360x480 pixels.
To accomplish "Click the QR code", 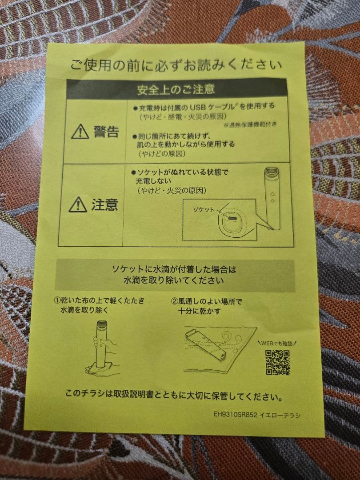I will pyautogui.click(x=278, y=362).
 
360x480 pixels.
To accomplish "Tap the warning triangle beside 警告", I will pyautogui.click(x=80, y=132).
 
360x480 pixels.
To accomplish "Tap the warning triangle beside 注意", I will pyautogui.click(x=78, y=204).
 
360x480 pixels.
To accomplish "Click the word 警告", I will pyautogui.click(x=106, y=132).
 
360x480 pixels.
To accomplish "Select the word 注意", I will pyautogui.click(x=105, y=204).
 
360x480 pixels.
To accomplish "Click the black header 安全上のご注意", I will pyautogui.click(x=176, y=88).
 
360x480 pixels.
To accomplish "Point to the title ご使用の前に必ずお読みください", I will pyautogui.click(x=176, y=65).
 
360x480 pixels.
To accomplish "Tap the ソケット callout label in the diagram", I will pyautogui.click(x=204, y=209).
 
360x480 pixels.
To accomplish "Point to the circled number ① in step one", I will pyautogui.click(x=57, y=301).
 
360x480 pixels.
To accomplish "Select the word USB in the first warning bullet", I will pyautogui.click(x=199, y=107).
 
